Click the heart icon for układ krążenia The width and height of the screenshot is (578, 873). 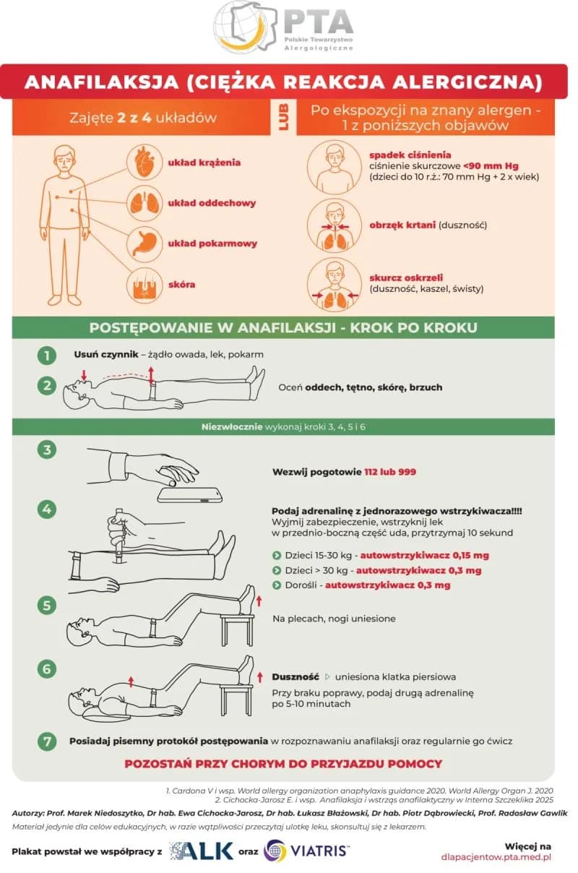[x=144, y=162]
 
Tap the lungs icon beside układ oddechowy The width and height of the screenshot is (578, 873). [x=144, y=203]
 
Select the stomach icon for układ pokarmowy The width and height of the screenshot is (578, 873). [x=144, y=244]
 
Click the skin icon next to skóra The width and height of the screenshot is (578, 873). [x=144, y=285]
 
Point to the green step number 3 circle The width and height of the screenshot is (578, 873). [x=47, y=450]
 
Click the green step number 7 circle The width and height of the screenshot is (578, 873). [x=47, y=741]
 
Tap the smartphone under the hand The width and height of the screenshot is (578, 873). [x=190, y=495]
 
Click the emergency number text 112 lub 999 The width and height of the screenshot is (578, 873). [x=390, y=472]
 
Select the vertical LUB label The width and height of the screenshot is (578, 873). [x=283, y=117]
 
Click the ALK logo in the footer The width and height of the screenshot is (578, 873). [x=202, y=851]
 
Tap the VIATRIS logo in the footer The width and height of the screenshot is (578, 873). [x=306, y=851]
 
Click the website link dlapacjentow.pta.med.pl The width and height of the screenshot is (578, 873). [x=496, y=857]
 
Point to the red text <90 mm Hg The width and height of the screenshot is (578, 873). [x=491, y=166]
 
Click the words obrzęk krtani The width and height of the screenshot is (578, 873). [x=402, y=225]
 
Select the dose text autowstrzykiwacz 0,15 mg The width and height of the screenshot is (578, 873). [x=424, y=555]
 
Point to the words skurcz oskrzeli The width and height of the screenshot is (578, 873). [x=406, y=278]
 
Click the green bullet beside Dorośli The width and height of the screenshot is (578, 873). [x=277, y=585]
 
